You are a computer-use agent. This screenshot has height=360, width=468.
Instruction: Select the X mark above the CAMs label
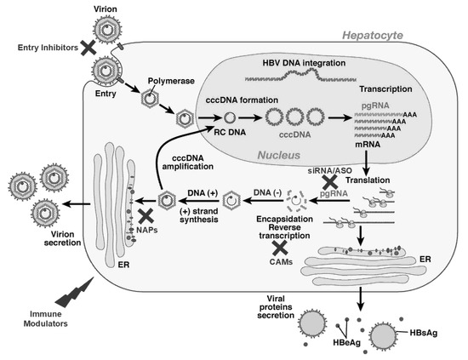pyautogui.click(x=277, y=249)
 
